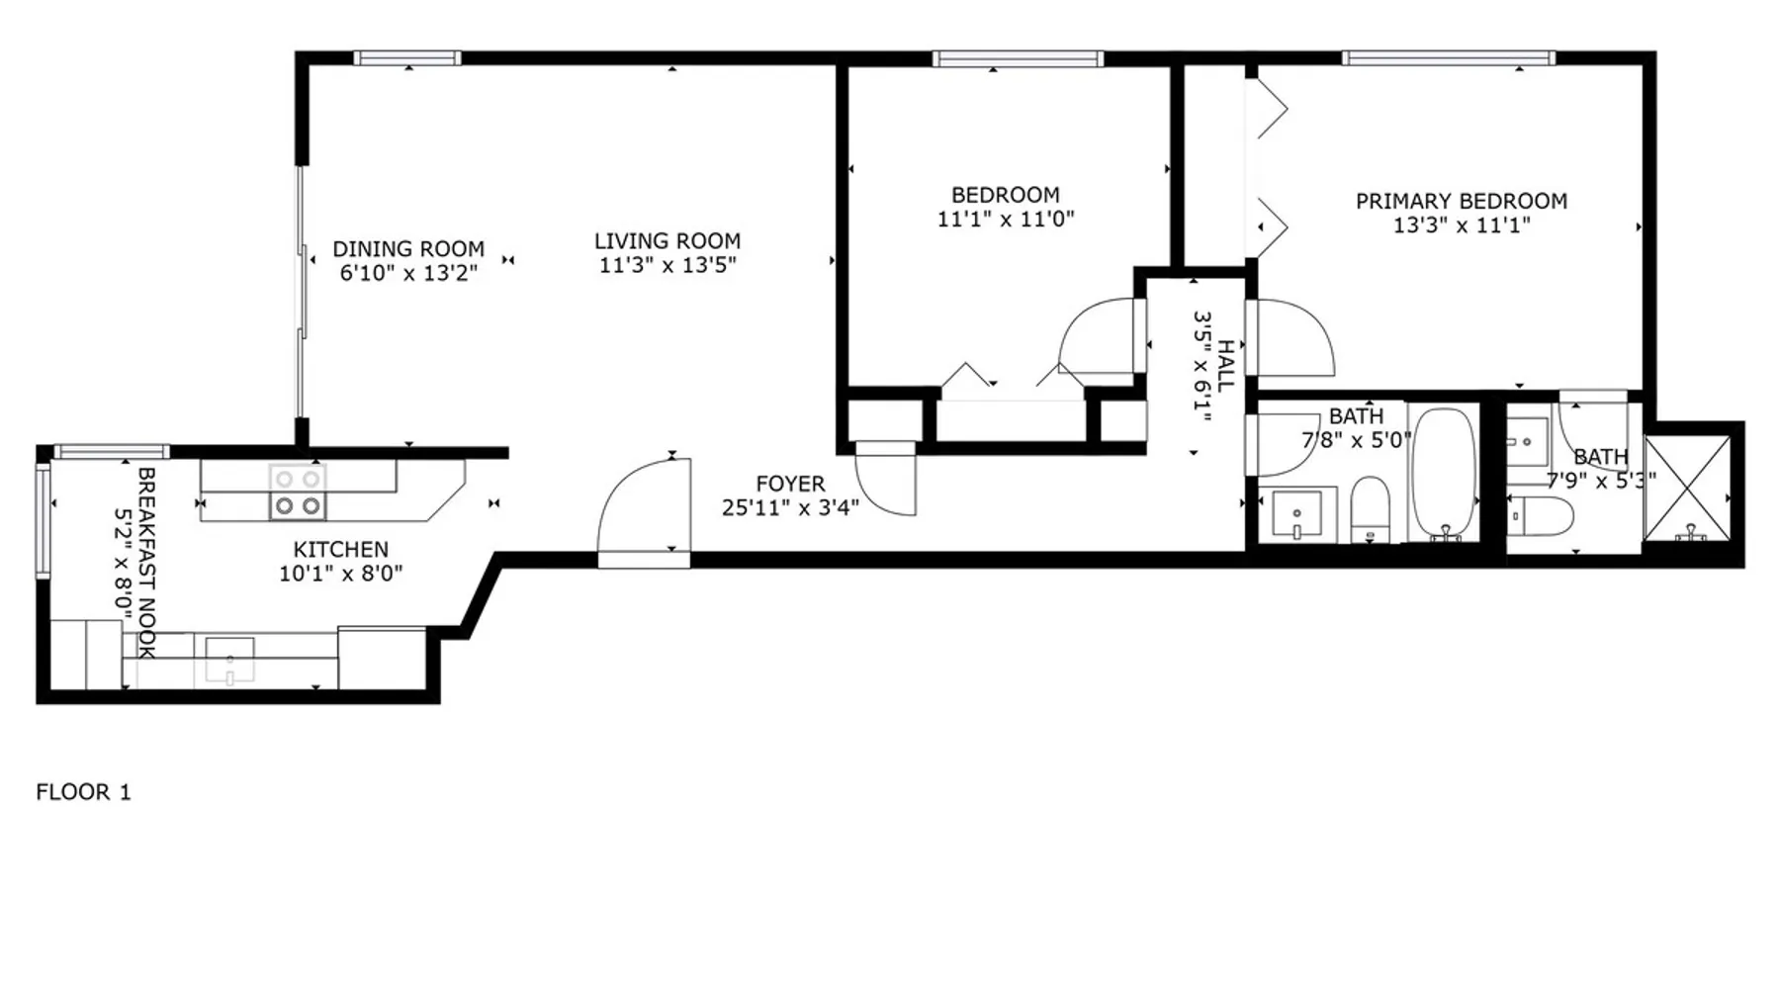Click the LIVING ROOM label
coord(667,240)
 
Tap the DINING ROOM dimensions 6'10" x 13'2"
coord(409,273)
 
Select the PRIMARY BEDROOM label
coord(1462,201)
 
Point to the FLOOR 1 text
coord(83,792)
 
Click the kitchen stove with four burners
coord(298,492)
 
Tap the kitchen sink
coord(229,661)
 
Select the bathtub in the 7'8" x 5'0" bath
coord(1444,474)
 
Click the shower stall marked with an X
coord(1687,489)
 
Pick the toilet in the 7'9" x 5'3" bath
coord(1541,515)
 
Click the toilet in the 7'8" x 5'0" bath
coord(1371,509)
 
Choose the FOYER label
coord(790,484)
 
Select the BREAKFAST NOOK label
coord(146,563)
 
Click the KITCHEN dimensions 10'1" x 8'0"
coord(341,574)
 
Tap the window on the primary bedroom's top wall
coord(1448,58)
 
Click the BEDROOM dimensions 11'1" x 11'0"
coord(1006,219)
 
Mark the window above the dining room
coord(407,58)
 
